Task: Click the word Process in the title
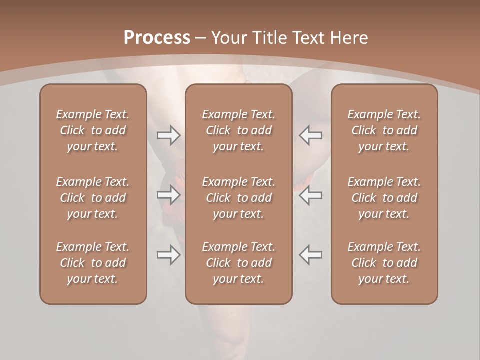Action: [157, 38]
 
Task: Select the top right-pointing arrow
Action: [169, 135]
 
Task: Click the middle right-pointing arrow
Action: [169, 195]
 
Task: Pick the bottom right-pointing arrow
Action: [169, 255]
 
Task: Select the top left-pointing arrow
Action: [310, 135]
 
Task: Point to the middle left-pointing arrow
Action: [310, 195]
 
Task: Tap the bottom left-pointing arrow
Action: [310, 255]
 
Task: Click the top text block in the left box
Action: [93, 130]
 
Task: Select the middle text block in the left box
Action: [93, 198]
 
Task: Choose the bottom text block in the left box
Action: [93, 263]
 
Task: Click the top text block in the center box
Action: [239, 130]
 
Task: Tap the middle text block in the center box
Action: [239, 198]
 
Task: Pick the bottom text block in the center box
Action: [239, 263]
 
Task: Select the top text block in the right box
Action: [384, 130]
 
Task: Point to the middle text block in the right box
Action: [384, 198]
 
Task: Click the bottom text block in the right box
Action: [384, 263]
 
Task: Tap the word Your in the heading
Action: [228, 38]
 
